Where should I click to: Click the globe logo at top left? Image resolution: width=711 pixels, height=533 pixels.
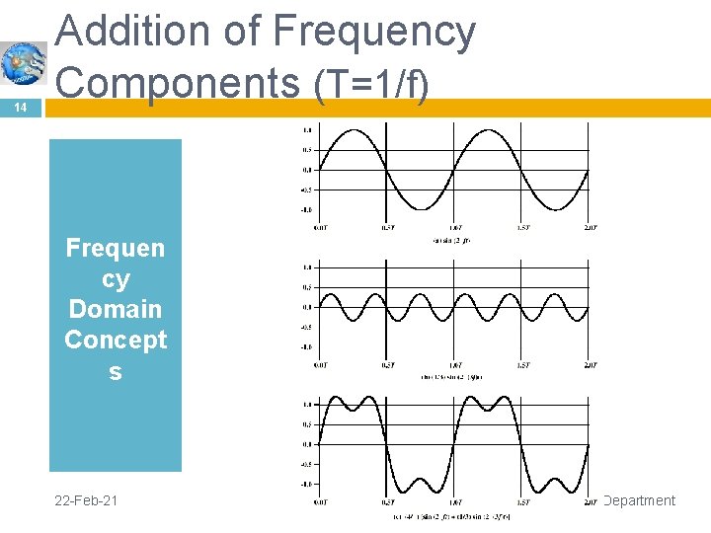click(x=23, y=61)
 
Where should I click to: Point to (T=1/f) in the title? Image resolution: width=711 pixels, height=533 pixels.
click(x=371, y=84)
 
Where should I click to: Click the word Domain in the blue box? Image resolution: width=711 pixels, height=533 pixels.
click(x=116, y=309)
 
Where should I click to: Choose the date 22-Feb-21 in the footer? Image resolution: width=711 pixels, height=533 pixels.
click(x=87, y=500)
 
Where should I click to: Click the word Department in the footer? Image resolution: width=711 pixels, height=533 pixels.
click(x=639, y=500)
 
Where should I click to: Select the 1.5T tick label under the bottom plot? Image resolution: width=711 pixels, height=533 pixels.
click(x=523, y=502)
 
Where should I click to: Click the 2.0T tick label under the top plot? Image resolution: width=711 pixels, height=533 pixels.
click(x=590, y=228)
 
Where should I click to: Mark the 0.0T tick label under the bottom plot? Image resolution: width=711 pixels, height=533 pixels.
click(x=321, y=502)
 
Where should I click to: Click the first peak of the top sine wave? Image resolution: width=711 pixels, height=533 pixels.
click(x=355, y=131)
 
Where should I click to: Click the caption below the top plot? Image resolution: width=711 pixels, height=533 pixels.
click(x=455, y=241)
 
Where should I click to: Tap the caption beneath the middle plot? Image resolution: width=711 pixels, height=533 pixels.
click(x=455, y=377)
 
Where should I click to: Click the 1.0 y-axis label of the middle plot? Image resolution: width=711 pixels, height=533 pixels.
click(x=308, y=266)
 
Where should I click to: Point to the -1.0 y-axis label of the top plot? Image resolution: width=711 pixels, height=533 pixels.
click(x=307, y=209)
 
